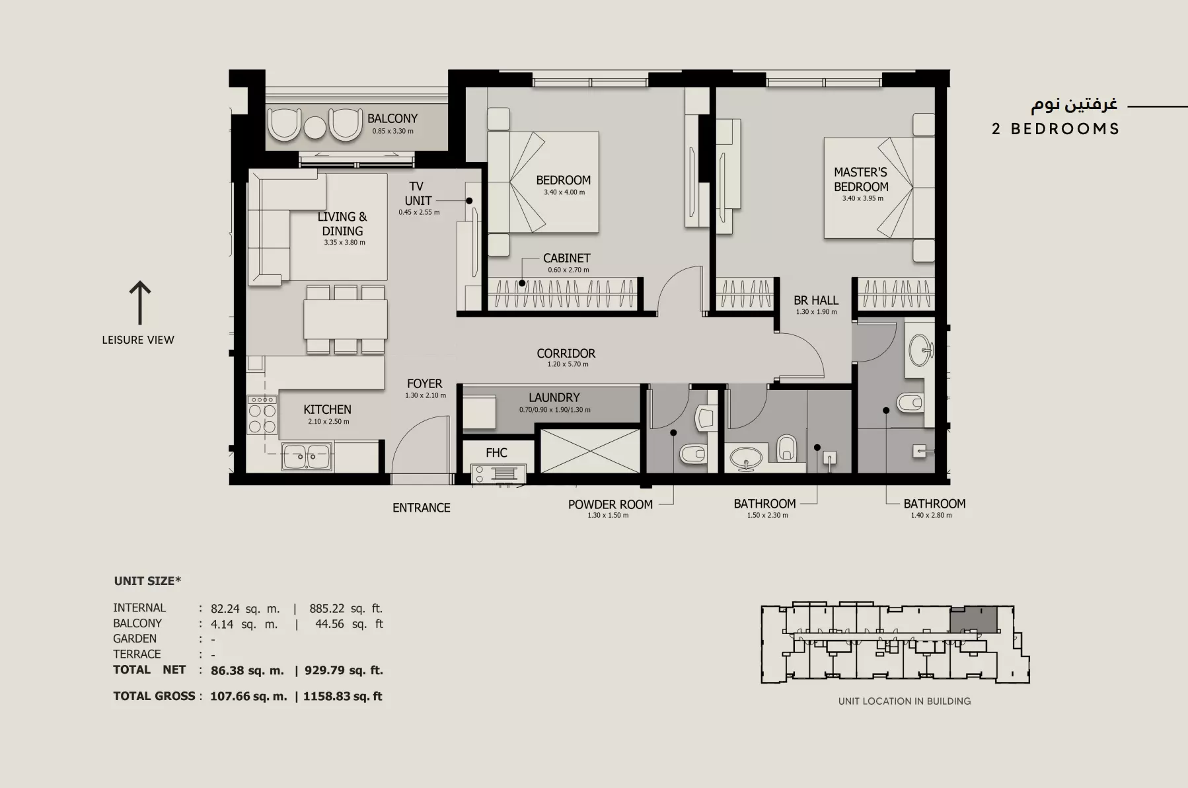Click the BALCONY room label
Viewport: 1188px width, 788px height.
click(392, 118)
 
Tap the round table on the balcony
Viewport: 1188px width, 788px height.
click(315, 127)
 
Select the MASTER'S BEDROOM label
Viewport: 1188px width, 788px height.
click(861, 179)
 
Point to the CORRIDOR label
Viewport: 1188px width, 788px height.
click(566, 353)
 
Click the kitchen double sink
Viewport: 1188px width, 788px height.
click(307, 456)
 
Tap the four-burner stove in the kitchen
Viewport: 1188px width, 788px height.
click(262, 414)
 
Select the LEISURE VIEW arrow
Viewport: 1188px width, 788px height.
click(139, 303)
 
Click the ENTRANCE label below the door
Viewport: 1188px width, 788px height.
click(422, 508)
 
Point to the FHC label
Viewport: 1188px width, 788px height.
click(496, 452)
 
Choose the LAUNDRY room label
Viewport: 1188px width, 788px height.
click(554, 397)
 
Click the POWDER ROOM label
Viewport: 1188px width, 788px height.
click(611, 504)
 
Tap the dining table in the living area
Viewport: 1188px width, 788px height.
click(346, 319)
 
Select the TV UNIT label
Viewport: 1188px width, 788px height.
click(418, 193)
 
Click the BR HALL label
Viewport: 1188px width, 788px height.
click(816, 300)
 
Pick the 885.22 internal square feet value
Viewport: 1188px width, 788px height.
click(327, 608)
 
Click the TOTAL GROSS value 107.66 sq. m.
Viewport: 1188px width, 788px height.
click(248, 696)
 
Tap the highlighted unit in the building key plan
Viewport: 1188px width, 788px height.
click(973, 619)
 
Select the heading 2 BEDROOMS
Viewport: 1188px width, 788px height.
click(1055, 129)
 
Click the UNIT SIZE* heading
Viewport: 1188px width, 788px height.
click(147, 581)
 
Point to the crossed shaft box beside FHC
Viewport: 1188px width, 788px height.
click(590, 451)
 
